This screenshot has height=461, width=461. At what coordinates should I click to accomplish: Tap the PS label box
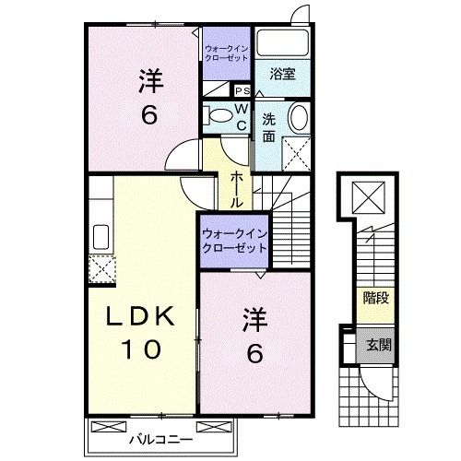(244, 90)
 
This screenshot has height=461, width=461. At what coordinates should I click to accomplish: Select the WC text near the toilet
(239, 117)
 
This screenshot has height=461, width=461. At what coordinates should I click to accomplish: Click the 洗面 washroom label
(268, 128)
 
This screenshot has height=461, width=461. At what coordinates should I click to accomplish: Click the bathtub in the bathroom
(283, 43)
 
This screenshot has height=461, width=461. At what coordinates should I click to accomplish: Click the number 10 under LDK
(144, 349)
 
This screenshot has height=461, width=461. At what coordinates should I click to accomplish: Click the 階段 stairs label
(375, 298)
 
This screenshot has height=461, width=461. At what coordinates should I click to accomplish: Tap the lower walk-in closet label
(234, 240)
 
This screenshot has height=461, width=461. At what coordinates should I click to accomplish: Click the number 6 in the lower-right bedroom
(254, 352)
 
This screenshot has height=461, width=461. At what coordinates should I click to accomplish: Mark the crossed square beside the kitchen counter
(100, 267)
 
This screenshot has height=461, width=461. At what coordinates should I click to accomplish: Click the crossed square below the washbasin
(296, 151)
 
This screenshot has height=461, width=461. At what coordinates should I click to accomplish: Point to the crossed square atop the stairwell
(374, 196)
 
